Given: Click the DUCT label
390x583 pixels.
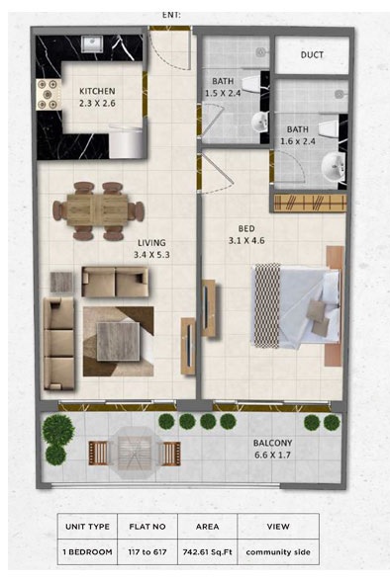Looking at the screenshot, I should click(312, 55).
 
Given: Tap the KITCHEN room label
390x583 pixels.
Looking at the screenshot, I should click(97, 92).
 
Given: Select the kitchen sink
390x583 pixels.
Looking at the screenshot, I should click(92, 44).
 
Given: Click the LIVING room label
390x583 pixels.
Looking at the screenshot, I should click(151, 242).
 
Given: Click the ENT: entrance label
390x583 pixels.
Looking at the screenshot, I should click(170, 16).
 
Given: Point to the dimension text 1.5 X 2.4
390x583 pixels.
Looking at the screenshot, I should click(224, 93).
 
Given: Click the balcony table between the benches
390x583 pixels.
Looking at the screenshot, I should click(135, 452).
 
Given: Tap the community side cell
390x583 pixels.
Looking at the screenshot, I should click(277, 550).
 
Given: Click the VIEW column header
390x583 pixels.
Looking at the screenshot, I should click(277, 527).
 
